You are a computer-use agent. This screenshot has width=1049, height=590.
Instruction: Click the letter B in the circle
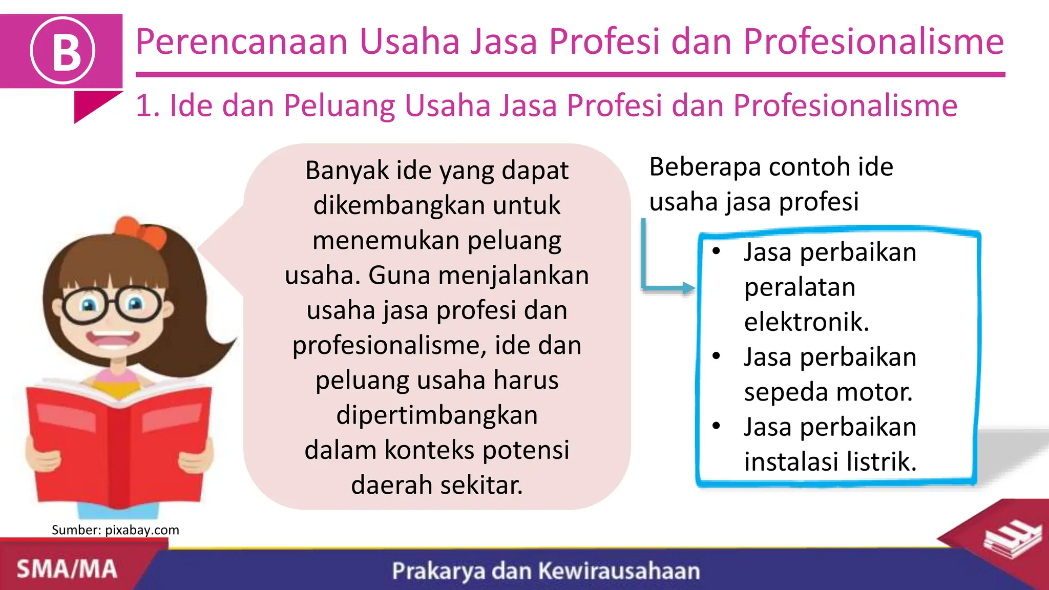pos(63,51)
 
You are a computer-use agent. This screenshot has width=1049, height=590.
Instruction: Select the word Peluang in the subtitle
pos(339,106)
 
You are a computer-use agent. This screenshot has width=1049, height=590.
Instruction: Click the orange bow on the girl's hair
pos(140,231)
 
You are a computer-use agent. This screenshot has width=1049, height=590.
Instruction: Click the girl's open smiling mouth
pos(113,341)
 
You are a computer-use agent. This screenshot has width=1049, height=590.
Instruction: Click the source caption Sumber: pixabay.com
pos(115,530)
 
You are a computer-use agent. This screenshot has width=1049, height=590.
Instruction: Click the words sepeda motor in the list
pos(828,392)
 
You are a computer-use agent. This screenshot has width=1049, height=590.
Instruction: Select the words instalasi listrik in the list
pos(830,462)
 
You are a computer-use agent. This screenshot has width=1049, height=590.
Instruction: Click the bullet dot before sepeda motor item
pos(716,356)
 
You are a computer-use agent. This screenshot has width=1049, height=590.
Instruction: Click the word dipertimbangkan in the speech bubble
pos(437,415)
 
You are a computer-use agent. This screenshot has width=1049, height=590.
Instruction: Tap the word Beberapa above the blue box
pos(705,167)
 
